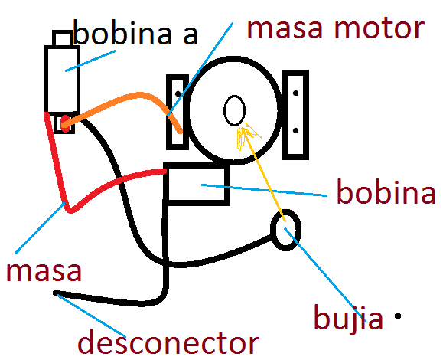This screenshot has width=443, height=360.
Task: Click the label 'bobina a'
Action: click(x=135, y=32)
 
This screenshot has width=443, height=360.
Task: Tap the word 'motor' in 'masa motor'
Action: click(x=379, y=28)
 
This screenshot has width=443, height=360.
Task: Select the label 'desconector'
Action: click(x=168, y=342)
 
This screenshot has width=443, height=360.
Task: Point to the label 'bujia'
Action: click(x=348, y=317)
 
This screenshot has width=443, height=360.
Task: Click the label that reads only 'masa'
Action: click(x=44, y=271)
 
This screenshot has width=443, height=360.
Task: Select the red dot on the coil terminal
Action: click(x=65, y=123)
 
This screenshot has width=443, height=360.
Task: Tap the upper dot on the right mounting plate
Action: click(x=296, y=93)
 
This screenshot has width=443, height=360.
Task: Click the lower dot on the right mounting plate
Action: click(x=296, y=131)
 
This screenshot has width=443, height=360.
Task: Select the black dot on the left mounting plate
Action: click(x=178, y=93)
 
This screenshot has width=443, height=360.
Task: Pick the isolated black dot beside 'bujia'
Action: click(x=398, y=316)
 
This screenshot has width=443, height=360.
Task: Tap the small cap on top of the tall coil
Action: click(x=62, y=38)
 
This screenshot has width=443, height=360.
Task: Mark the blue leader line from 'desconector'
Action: click(x=91, y=316)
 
